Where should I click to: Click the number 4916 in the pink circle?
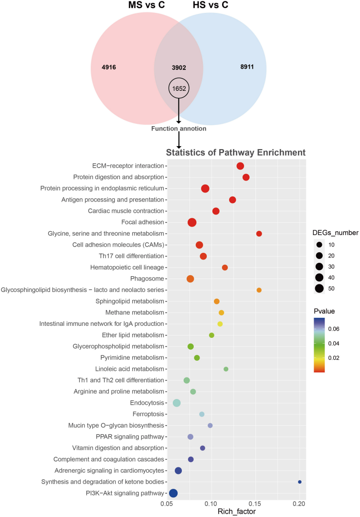[x=109, y=67]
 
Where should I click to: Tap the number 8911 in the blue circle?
[x=247, y=67]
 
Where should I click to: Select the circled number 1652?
[x=179, y=88]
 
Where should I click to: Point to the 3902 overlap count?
[x=179, y=67]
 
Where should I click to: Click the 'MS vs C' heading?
[x=147, y=5]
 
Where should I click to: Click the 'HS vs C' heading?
[x=211, y=5]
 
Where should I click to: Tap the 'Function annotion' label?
[x=179, y=129]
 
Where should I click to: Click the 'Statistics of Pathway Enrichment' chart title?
[x=236, y=152]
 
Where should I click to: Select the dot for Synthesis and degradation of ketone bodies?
[x=300, y=482]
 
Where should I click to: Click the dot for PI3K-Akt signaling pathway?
[x=173, y=493]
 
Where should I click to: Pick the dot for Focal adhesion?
[x=192, y=223]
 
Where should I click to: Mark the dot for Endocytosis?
[x=177, y=403]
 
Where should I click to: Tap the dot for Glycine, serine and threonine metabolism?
[x=259, y=234]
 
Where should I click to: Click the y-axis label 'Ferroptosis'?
[x=148, y=414]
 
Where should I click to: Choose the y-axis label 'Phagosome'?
[x=147, y=279]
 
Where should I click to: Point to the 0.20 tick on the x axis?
[x=299, y=504]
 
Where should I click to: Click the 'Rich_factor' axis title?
[x=237, y=511]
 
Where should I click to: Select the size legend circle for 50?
[x=319, y=289]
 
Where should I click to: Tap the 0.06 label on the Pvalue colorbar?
[x=334, y=329]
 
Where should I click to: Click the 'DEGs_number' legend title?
[x=335, y=233]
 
